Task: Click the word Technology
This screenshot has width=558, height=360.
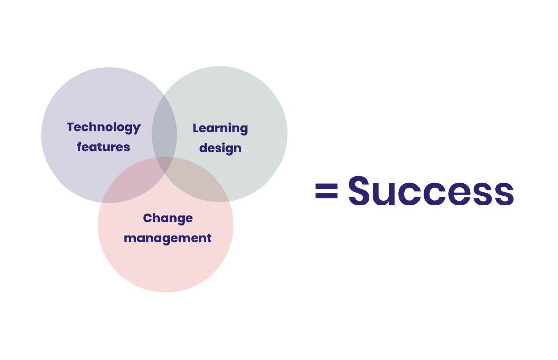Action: (x=103, y=128)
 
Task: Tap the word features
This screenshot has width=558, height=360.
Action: (x=103, y=147)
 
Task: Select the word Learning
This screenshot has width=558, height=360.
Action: (x=220, y=128)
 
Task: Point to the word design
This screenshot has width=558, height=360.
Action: (x=220, y=148)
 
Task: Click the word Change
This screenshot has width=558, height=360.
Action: (x=168, y=218)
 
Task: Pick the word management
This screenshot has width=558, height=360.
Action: (x=168, y=238)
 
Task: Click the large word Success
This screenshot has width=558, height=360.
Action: (x=431, y=191)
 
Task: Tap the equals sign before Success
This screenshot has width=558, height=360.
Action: (x=326, y=191)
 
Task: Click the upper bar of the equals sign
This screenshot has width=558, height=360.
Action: (x=326, y=185)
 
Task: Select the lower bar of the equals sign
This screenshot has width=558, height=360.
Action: (x=326, y=196)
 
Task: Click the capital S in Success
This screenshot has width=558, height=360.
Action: (x=359, y=191)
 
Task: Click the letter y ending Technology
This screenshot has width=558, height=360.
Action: (x=136, y=129)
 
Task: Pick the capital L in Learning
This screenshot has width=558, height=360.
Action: (x=196, y=128)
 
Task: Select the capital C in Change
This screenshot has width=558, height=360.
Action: (x=148, y=218)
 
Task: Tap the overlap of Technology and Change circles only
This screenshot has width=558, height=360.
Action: (x=131, y=185)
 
